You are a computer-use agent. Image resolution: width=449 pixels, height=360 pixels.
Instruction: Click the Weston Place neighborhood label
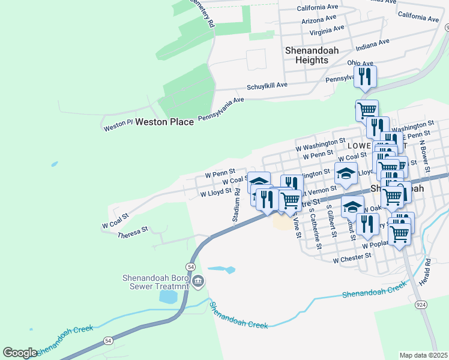(x=164, y=122)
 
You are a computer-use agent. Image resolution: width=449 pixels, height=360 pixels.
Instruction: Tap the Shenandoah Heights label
(x=306, y=55)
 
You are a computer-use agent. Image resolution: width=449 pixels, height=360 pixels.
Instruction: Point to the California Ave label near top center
(x=318, y=8)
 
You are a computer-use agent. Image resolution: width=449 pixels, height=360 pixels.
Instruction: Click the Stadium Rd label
(x=237, y=205)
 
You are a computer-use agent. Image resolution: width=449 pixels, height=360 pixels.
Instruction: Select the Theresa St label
(x=133, y=233)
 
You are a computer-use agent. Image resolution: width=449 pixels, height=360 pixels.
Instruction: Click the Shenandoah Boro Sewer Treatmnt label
(x=155, y=282)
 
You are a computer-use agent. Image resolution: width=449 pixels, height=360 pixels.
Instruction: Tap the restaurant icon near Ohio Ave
(x=365, y=76)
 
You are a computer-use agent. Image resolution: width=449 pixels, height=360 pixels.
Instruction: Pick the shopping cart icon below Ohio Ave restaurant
(x=366, y=110)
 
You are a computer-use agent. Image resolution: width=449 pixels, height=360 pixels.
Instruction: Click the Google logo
(x=20, y=353)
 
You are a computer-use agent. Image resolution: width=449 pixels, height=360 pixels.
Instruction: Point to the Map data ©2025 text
(x=423, y=355)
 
